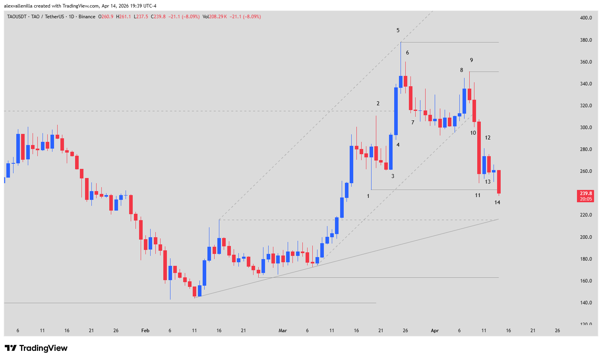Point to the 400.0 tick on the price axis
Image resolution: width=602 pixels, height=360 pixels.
click(x=586, y=18)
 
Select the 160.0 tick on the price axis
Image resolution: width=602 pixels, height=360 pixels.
click(x=586, y=281)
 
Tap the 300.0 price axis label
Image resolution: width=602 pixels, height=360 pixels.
click(x=586, y=128)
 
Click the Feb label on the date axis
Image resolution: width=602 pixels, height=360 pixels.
click(x=145, y=331)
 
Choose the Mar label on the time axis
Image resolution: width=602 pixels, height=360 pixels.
click(x=283, y=331)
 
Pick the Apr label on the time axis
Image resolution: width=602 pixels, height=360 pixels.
click(x=435, y=331)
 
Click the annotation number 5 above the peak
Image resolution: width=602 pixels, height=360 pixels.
click(x=398, y=30)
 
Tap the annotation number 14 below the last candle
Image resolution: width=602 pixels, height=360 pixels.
click(x=497, y=203)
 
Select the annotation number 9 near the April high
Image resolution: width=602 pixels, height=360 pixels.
click(x=471, y=60)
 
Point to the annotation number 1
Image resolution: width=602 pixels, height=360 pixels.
click(x=368, y=196)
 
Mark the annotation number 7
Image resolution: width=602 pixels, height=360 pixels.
click(x=413, y=122)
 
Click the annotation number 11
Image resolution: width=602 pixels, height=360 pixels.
click(x=478, y=195)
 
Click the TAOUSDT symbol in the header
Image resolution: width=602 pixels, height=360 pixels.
click(x=17, y=17)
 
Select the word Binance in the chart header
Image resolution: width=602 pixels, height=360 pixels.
click(x=87, y=17)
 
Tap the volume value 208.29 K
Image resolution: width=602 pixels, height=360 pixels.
click(x=219, y=17)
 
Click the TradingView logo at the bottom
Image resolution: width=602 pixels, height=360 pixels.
click(x=36, y=348)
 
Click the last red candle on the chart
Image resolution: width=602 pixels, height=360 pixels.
click(x=499, y=182)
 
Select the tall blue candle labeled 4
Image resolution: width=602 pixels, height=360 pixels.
click(x=396, y=111)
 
